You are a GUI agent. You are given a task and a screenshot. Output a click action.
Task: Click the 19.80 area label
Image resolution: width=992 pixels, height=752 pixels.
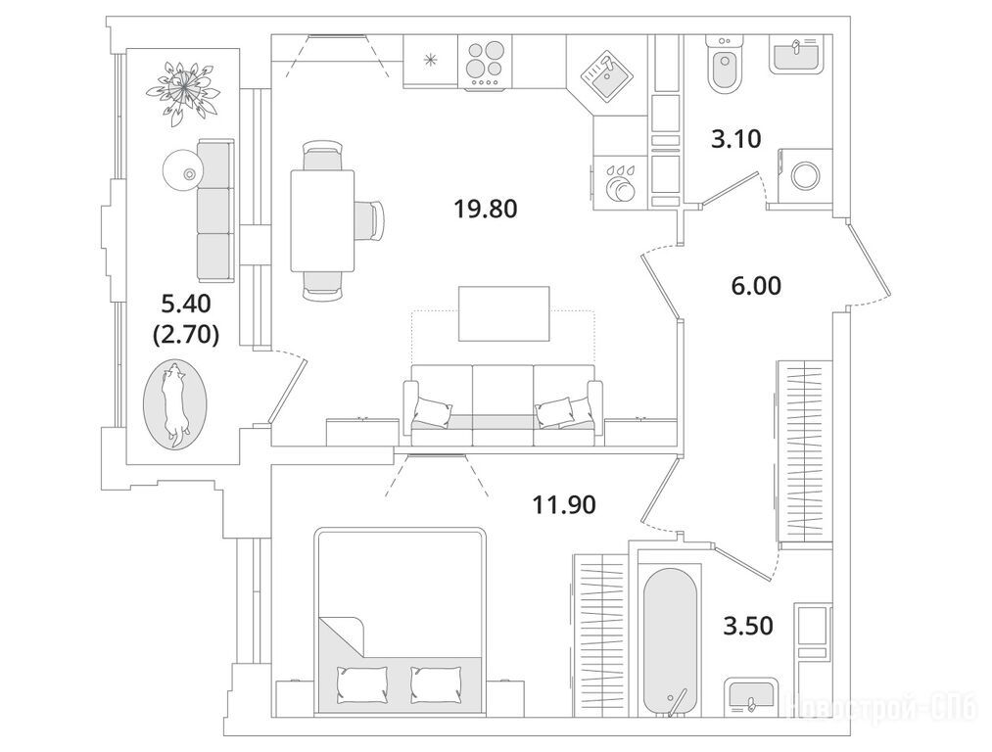[484, 208]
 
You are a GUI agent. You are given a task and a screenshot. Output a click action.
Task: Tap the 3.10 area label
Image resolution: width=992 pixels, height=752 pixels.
[736, 140]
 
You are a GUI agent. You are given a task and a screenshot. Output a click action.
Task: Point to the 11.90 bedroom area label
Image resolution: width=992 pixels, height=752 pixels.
[564, 505]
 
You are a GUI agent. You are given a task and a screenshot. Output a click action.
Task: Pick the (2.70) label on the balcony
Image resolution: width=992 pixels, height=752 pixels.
[186, 334]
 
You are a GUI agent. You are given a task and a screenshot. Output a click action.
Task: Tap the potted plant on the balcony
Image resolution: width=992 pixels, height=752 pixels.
[182, 86]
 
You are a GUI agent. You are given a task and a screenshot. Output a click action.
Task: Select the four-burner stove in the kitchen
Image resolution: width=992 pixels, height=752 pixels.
[483, 64]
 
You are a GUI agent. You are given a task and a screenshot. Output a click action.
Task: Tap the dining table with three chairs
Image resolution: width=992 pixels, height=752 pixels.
[321, 220]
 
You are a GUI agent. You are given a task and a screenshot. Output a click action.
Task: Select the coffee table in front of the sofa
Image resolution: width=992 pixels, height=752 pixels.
[503, 313]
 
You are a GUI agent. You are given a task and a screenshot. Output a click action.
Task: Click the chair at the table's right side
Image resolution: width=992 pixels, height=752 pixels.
[369, 219]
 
